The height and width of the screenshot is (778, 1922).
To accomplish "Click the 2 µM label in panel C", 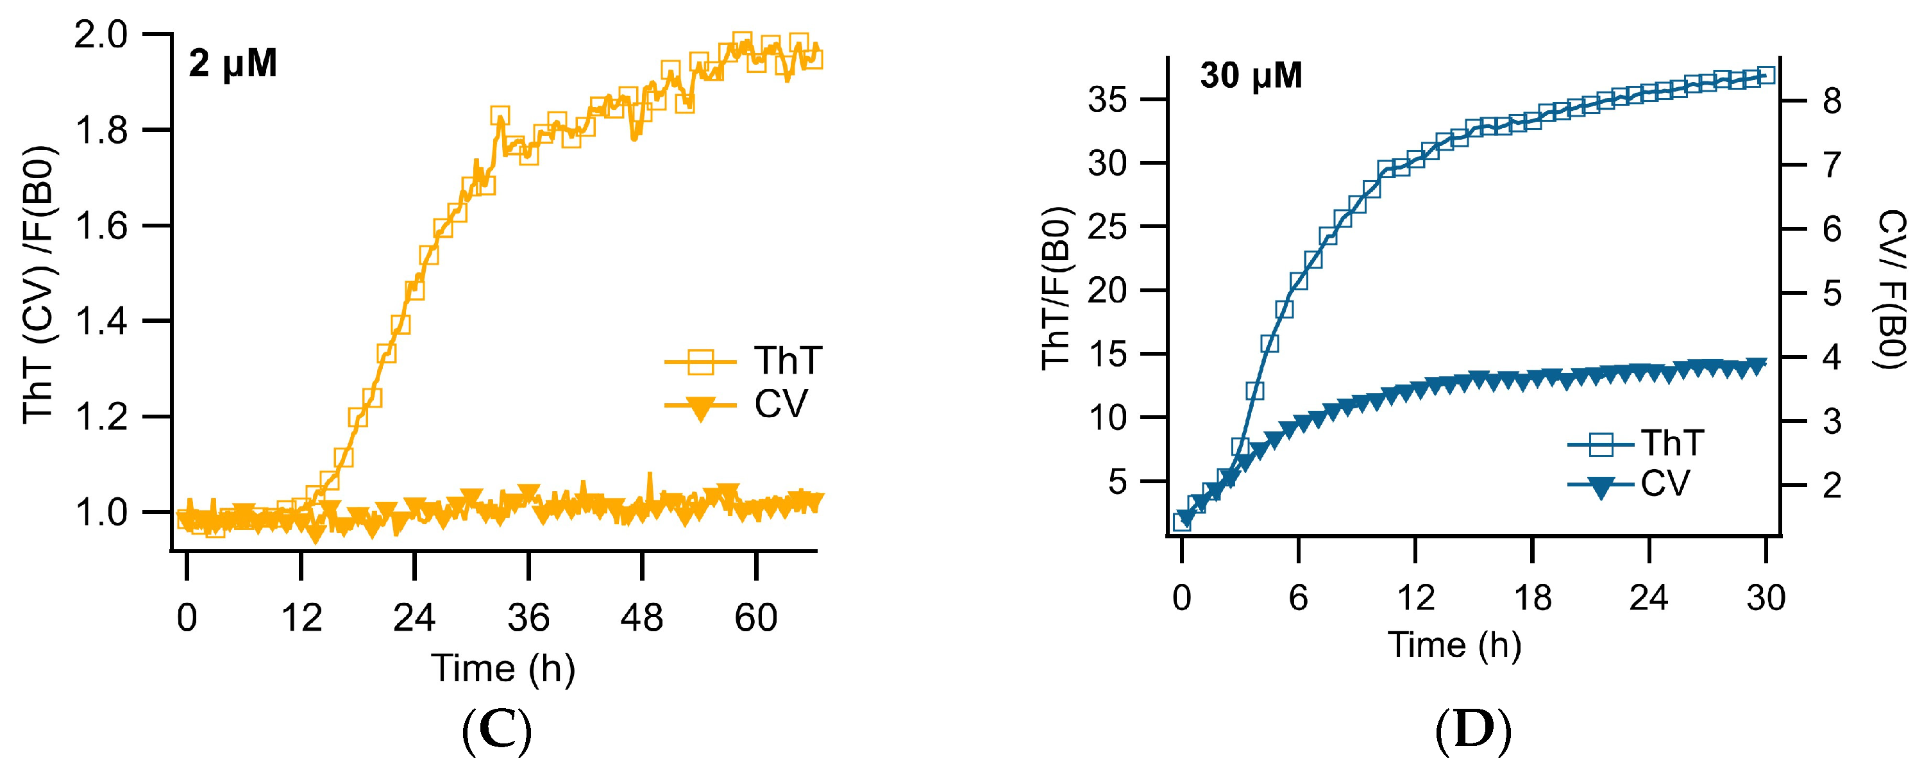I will [x=232, y=64].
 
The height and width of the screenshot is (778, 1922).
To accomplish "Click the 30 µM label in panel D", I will [x=1251, y=76].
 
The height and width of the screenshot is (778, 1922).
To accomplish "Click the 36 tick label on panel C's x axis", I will [x=528, y=618].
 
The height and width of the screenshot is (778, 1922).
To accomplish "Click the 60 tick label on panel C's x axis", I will [x=756, y=618].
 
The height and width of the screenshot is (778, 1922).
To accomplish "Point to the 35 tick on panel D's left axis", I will [x=1108, y=100].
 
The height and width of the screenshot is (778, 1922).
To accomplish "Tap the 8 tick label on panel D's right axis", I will [x=1832, y=101].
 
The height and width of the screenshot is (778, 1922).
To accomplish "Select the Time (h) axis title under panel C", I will [x=503, y=668].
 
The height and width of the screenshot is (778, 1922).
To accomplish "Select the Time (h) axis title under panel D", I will [x=1454, y=645].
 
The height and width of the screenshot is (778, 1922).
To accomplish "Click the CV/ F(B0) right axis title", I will [x=1891, y=290].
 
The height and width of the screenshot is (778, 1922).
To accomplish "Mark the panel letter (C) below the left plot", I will [x=497, y=732].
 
